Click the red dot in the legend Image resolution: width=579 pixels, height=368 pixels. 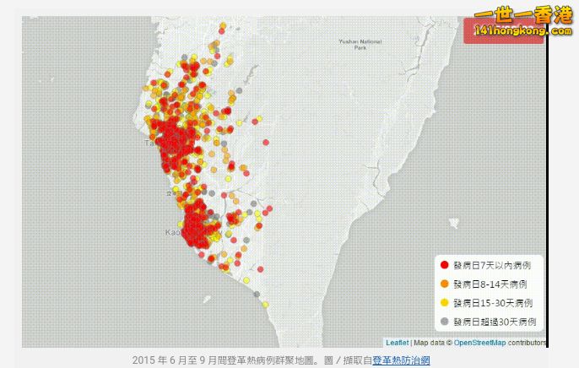[x=444, y=265]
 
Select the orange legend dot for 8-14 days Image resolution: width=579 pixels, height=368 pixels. [x=444, y=284]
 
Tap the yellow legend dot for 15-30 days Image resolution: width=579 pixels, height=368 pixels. [x=444, y=302]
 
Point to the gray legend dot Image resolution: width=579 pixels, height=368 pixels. [x=444, y=321]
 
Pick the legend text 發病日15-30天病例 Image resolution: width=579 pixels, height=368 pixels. [x=492, y=302]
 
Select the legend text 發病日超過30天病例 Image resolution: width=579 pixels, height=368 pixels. [x=494, y=321]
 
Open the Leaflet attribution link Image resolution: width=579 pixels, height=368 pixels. [x=397, y=342]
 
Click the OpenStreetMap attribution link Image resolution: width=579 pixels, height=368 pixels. [x=479, y=342]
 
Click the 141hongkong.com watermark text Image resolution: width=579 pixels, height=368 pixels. [x=511, y=31]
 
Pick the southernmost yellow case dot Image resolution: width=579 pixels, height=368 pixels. [x=265, y=304]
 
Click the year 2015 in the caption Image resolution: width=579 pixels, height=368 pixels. [x=144, y=360]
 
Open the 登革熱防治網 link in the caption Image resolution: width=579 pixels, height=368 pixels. [x=401, y=360]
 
